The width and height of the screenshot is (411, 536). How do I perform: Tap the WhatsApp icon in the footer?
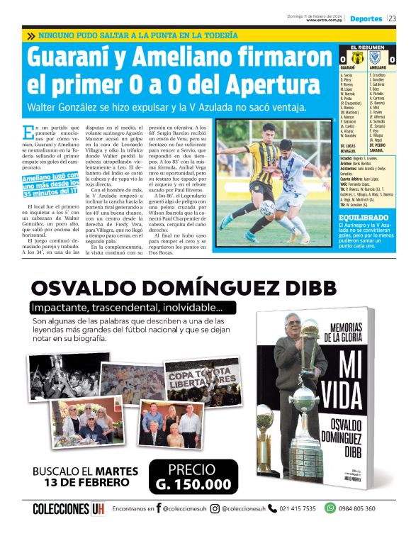click(x=330, y=508)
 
